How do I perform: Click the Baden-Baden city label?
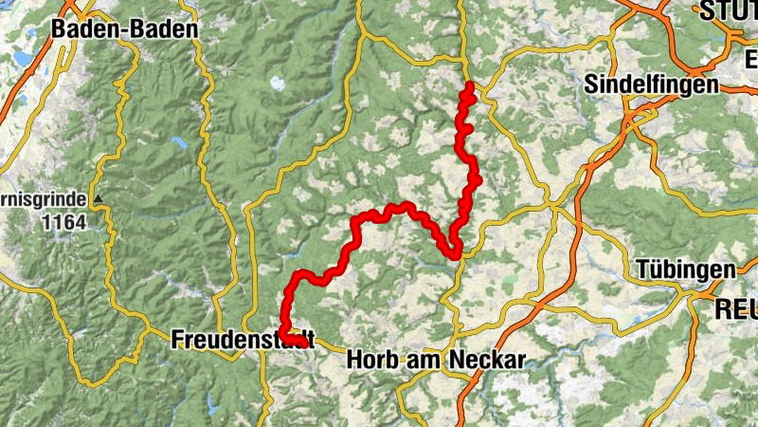point(124,29)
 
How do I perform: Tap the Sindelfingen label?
point(651,84)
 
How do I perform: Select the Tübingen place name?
point(685,269)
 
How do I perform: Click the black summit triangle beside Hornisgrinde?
point(97,199)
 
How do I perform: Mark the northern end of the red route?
point(470,86)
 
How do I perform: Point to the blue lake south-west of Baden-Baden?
point(21,59)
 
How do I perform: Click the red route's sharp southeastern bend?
point(456,252)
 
